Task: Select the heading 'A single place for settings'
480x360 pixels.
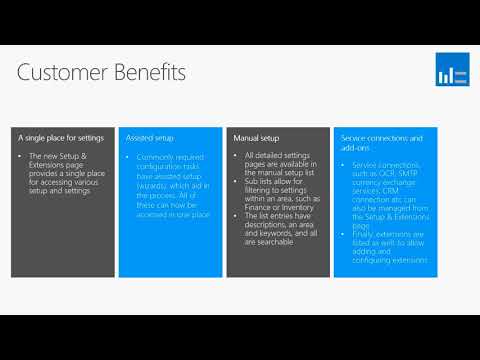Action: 59,136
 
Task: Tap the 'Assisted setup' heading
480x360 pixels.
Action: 150,136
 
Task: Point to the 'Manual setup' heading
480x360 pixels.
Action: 256,136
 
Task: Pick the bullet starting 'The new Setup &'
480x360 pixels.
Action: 67,174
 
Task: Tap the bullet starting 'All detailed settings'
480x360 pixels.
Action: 281,165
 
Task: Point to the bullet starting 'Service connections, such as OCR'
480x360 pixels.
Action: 388,180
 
